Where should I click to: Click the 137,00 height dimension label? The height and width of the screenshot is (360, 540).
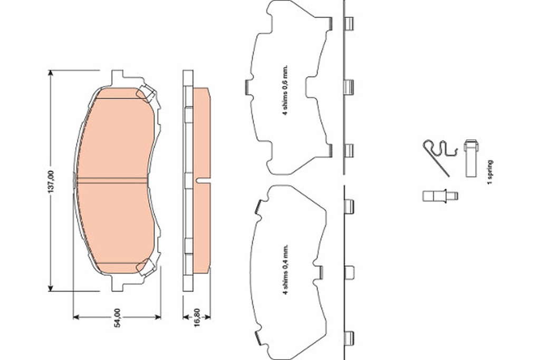pos(51,181)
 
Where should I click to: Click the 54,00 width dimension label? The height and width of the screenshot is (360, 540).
pos(118,318)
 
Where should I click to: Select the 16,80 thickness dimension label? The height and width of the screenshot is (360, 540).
pos(197,318)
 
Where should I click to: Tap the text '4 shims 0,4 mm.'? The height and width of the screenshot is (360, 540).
pos(285,270)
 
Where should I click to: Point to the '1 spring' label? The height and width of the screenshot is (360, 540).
pos(490,172)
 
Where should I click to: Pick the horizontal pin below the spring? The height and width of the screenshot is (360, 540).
pos(440,196)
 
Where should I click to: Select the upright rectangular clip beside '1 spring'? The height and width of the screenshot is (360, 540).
pos(471,158)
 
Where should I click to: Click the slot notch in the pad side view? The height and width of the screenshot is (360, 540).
pos(203,180)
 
